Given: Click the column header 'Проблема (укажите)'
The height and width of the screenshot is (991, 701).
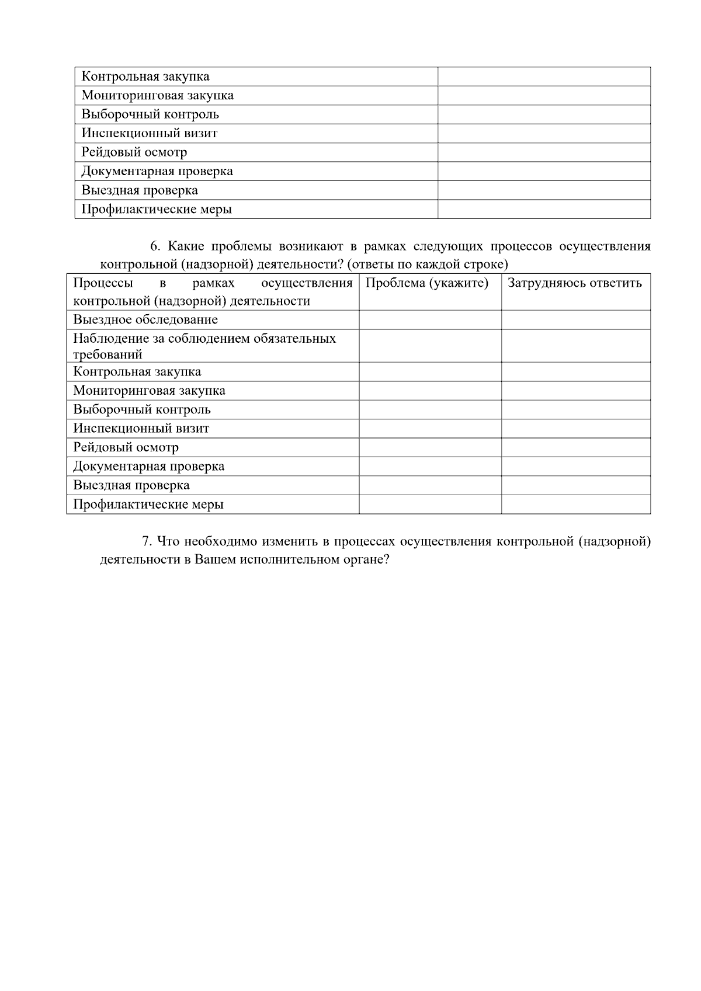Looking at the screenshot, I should (426, 284).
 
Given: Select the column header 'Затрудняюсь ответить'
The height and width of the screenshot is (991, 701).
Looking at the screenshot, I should (574, 284).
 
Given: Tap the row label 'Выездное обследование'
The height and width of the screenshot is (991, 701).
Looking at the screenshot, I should (145, 320).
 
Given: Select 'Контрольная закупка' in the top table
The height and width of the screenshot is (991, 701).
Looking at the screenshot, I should (145, 77).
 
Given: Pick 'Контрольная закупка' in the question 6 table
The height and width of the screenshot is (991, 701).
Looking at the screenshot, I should (137, 372).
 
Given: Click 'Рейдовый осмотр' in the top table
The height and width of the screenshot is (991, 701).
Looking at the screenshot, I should (134, 152).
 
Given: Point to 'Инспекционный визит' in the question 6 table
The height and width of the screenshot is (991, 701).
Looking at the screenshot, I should (141, 429).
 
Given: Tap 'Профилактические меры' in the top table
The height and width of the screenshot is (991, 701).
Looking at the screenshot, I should (157, 210).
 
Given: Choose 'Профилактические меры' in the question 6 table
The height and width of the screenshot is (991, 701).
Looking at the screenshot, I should (148, 505).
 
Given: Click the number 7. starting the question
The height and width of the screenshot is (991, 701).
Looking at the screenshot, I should (147, 542).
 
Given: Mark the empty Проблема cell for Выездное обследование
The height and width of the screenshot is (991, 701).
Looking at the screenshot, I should (430, 320).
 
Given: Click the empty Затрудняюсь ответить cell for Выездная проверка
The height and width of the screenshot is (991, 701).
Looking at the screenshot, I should (575, 486).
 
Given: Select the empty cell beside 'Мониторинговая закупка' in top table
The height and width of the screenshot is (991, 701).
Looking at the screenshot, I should (544, 96).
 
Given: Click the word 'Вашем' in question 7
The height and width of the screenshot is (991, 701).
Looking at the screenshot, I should (214, 559).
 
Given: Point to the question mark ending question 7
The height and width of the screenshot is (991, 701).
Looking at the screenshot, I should (386, 559).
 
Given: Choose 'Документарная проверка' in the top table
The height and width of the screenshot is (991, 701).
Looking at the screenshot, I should (157, 172).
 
